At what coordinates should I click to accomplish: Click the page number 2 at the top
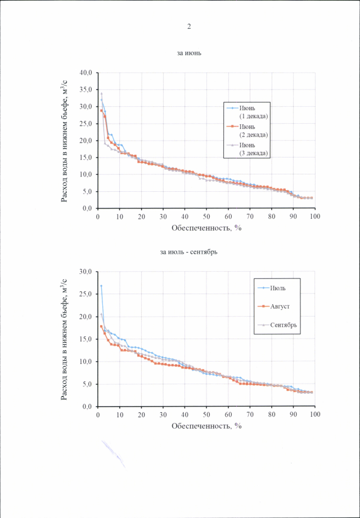(x=189, y=26)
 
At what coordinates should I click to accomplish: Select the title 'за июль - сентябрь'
(x=189, y=251)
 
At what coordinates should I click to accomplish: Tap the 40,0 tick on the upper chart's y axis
(x=86, y=73)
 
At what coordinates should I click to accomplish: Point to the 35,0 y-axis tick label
(x=86, y=89)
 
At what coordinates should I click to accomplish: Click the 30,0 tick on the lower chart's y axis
(x=86, y=272)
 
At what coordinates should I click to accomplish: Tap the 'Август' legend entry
(x=279, y=307)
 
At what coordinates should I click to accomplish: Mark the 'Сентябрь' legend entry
(x=283, y=325)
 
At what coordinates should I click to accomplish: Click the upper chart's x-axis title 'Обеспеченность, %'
(x=206, y=228)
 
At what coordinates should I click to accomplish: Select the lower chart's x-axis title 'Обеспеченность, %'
(x=206, y=426)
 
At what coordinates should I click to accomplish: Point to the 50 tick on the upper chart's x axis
(x=206, y=216)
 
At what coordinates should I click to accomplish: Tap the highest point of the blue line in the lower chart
(x=101, y=286)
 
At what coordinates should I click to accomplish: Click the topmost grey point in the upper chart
(x=101, y=94)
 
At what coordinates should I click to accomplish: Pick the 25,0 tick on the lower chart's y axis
(x=86, y=294)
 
